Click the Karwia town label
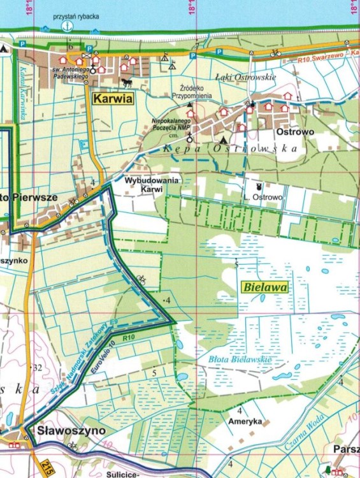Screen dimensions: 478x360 point(112,99)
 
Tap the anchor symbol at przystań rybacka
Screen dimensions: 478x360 point(67,25)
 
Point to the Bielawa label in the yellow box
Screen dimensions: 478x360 point(265,287)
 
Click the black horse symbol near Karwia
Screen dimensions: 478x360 point(126,83)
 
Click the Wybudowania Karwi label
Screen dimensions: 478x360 point(152,185)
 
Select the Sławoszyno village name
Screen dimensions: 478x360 point(71,431)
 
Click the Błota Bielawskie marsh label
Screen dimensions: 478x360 point(240,360)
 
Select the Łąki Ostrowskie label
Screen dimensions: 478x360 point(245,77)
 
